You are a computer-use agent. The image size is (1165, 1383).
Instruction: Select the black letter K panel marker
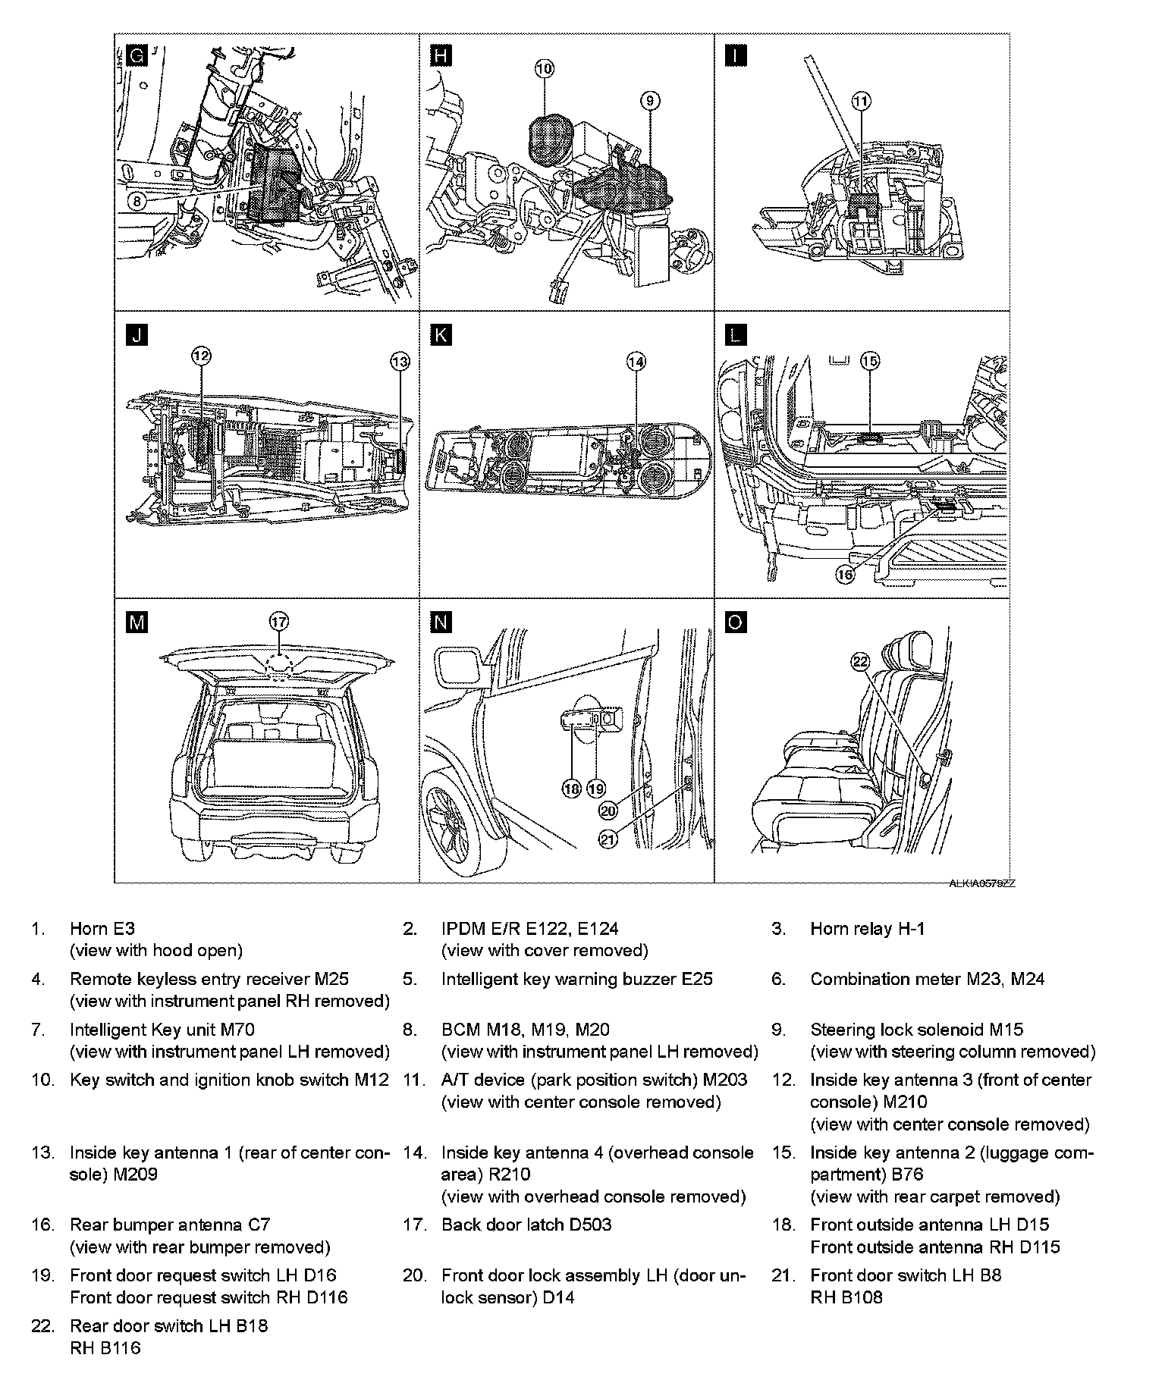[440, 336]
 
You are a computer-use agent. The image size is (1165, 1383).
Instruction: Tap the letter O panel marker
[735, 623]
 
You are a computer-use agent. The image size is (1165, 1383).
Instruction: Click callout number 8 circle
[136, 201]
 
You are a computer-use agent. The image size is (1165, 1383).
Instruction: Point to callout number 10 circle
[545, 69]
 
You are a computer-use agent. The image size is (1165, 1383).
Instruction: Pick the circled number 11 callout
[862, 100]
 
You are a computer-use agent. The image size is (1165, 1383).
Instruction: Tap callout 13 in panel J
[400, 362]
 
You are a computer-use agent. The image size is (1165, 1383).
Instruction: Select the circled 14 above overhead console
[636, 362]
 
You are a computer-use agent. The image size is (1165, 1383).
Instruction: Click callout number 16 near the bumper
[845, 575]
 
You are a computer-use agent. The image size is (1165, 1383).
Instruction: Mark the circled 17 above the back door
[278, 622]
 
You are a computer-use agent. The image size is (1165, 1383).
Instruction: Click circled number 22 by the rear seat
[859, 662]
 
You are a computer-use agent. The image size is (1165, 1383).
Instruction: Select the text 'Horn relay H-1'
[867, 929]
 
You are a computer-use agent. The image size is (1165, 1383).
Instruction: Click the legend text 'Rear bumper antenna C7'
[170, 1225]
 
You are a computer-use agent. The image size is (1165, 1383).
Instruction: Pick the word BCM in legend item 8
[461, 1030]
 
